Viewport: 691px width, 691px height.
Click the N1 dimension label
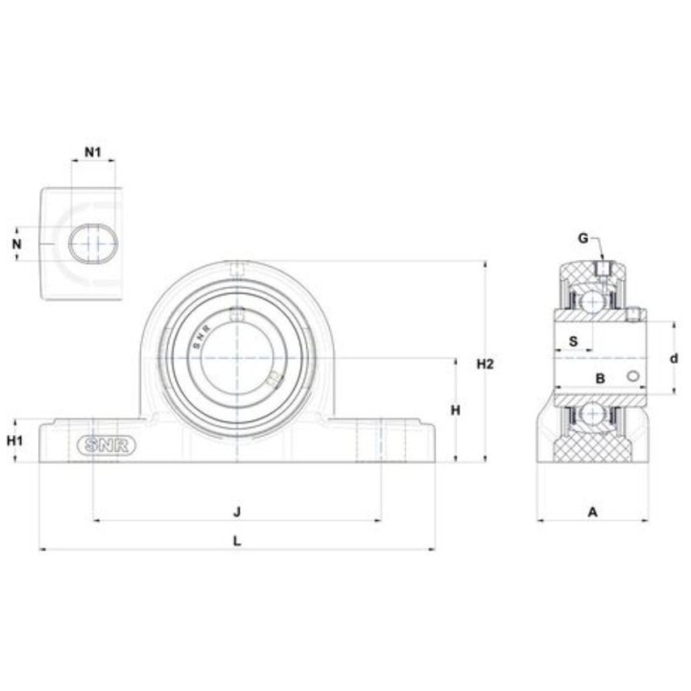click(x=92, y=153)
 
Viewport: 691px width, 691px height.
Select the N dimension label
click(x=16, y=244)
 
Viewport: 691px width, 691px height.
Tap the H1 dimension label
click(x=14, y=441)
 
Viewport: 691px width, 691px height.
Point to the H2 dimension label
click(x=486, y=364)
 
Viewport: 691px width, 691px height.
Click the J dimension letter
click(x=237, y=512)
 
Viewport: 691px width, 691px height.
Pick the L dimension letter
click(x=237, y=540)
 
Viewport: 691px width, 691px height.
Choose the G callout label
click(x=584, y=238)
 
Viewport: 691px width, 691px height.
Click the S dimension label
click(x=573, y=341)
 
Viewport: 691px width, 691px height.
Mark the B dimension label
click(x=600, y=378)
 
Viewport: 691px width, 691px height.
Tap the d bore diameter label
click(x=674, y=359)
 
